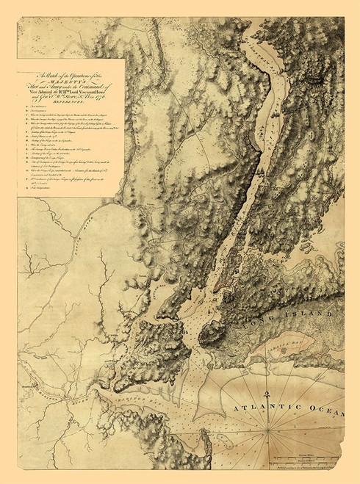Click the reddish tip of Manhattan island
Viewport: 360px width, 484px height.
pos(199,314)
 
